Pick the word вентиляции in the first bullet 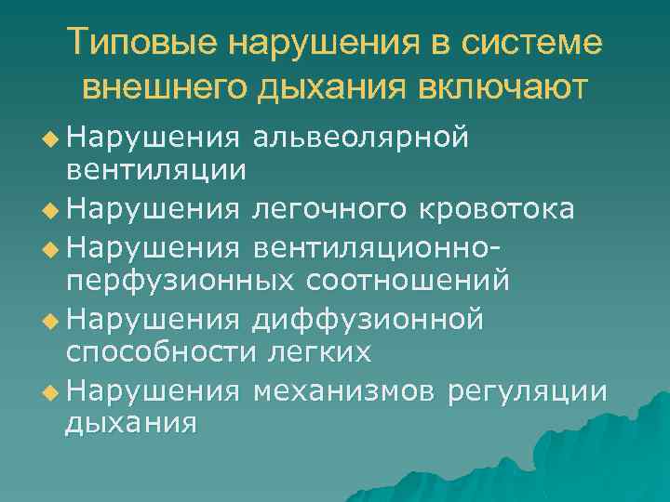(155, 169)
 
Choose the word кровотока (494, 210)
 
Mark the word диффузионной (368, 321)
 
